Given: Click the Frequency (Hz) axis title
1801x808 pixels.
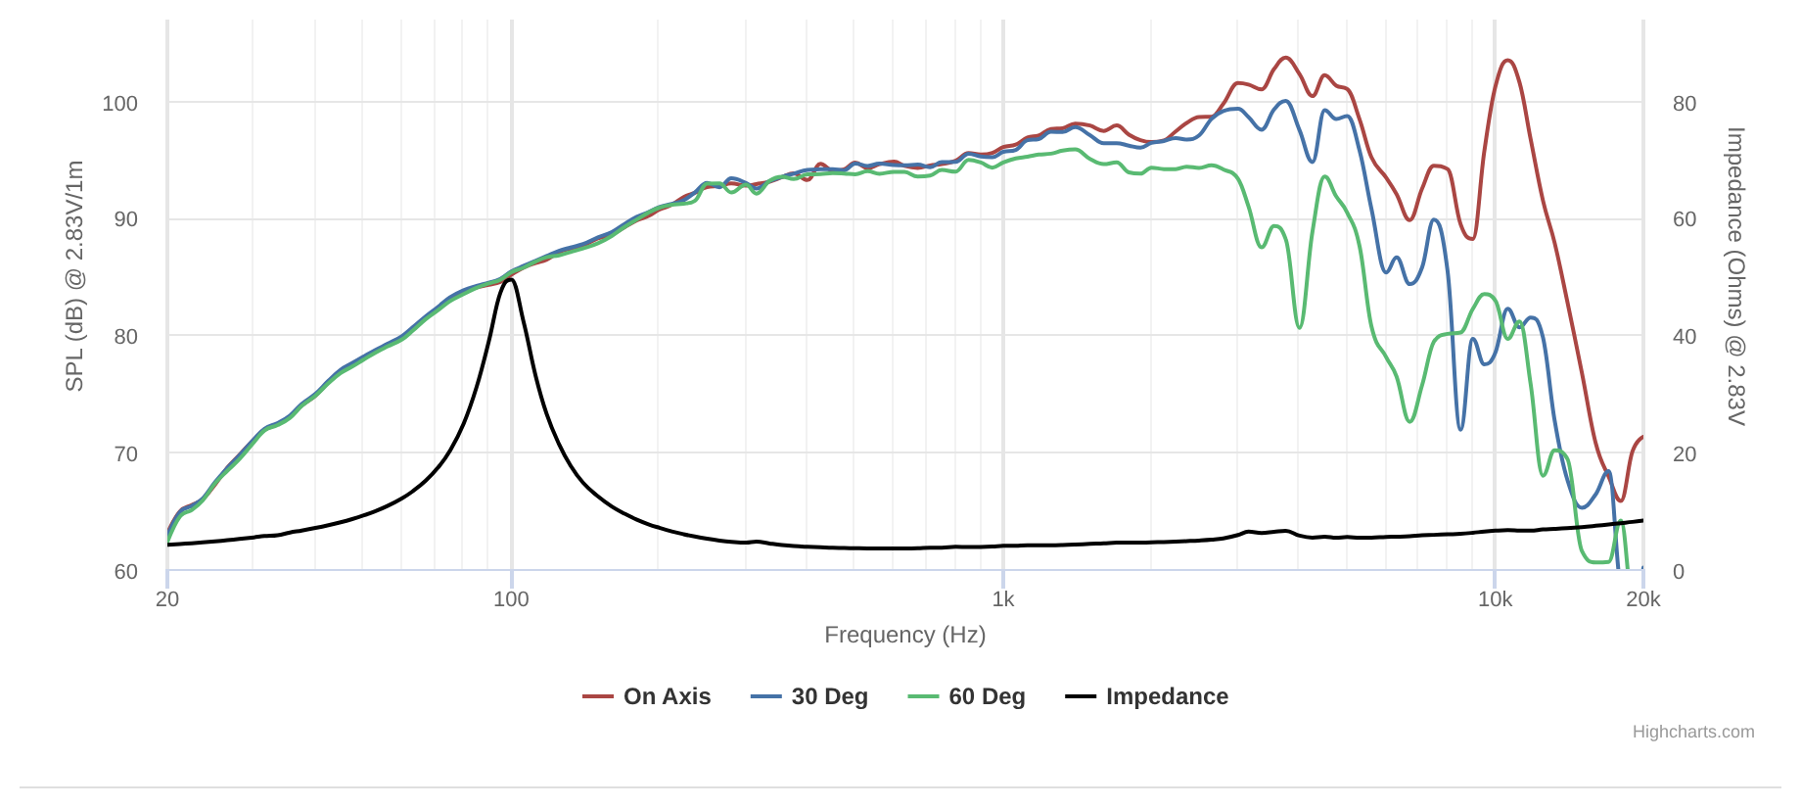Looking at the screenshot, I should click(x=904, y=635).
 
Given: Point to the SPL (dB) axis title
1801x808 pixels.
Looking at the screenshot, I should click(x=74, y=276).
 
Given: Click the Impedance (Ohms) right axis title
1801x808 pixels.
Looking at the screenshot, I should click(x=1735, y=276).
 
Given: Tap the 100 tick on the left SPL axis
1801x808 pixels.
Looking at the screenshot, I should click(x=119, y=103).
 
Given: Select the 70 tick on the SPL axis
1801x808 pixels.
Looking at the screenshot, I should click(x=125, y=453).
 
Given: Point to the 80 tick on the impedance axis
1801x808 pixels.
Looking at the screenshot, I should click(x=1685, y=103).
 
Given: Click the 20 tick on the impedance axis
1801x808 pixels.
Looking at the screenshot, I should click(x=1685, y=453).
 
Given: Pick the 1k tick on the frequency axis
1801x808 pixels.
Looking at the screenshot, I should click(x=1003, y=599).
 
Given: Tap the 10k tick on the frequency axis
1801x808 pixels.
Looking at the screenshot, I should click(x=1495, y=599).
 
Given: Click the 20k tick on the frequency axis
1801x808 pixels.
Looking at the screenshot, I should click(x=1643, y=599).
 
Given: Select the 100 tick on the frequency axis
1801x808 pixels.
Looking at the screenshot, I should click(x=511, y=599).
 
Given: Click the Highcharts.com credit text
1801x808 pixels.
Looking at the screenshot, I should click(x=1692, y=732).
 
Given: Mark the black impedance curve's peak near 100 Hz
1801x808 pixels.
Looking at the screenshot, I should click(x=510, y=280).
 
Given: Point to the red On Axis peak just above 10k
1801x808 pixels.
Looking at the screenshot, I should click(x=1507, y=61).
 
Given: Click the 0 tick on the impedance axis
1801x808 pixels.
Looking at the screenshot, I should click(x=1679, y=571).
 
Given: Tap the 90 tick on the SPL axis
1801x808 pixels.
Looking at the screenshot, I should click(x=125, y=219).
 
